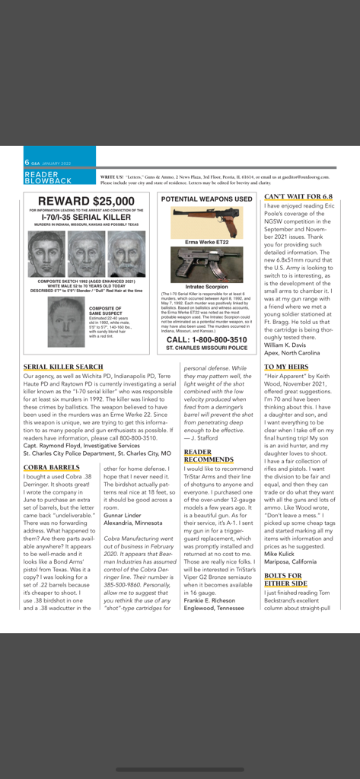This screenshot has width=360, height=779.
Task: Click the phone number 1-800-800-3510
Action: [206, 339]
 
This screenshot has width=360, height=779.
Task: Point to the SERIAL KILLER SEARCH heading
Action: [63, 367]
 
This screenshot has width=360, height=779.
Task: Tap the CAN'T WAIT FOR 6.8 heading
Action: [298, 196]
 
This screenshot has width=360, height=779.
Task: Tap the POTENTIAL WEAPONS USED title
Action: [206, 199]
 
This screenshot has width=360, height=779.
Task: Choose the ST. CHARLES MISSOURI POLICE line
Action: [206, 348]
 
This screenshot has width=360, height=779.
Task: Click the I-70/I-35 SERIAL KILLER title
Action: [88, 217]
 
